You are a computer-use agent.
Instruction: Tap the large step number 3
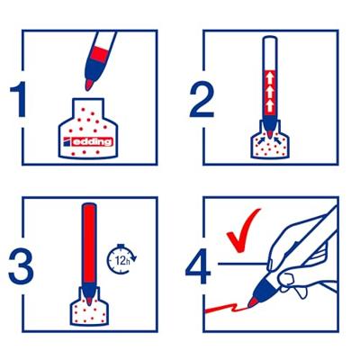[x=21, y=265]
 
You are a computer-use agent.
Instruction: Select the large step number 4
[x=198, y=265]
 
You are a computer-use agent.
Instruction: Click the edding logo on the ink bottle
[x=88, y=141]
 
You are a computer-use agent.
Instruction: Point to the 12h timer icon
[x=121, y=259]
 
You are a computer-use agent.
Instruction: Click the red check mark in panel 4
[x=242, y=230]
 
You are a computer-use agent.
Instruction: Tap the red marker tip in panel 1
[x=88, y=85]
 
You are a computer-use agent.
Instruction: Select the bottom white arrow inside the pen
[x=270, y=105]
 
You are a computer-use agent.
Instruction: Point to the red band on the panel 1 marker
[x=99, y=54]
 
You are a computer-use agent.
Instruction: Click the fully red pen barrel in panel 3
[x=89, y=244]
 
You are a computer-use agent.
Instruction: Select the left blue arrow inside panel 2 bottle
[x=263, y=139]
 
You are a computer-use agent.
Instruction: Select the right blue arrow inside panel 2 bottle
[x=278, y=139]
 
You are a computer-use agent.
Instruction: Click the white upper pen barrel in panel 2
[x=270, y=53]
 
